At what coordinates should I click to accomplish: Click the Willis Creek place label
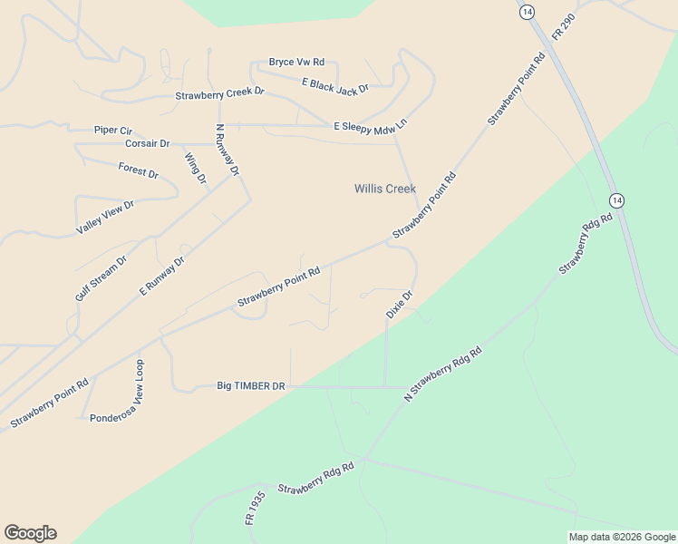[384, 189]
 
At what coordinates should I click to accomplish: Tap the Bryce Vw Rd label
[296, 62]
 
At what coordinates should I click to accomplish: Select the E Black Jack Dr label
[335, 85]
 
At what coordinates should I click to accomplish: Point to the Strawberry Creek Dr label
[219, 92]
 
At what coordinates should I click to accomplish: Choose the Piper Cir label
[113, 130]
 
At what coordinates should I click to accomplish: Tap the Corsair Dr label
[147, 143]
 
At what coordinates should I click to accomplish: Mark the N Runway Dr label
[228, 150]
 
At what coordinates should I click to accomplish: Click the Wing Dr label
[196, 169]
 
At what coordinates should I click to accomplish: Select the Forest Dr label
[138, 170]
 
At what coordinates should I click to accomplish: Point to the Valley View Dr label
[105, 218]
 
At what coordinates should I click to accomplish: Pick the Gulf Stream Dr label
[102, 278]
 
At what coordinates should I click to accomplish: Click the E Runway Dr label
[162, 276]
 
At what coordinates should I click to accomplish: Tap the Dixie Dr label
[400, 303]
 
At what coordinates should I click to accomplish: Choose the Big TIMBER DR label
[251, 385]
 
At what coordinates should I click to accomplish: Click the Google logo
[30, 533]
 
